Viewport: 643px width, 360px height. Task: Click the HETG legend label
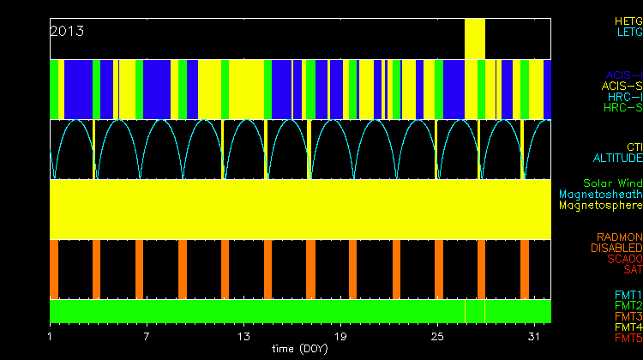pyautogui.click(x=628, y=20)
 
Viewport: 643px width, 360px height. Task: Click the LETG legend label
pyautogui.click(x=629, y=32)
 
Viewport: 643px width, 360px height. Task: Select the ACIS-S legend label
pyautogui.click(x=622, y=86)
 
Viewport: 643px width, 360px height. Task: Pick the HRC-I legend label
pyautogui.click(x=625, y=97)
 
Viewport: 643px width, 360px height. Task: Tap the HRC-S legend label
pyautogui.click(x=622, y=108)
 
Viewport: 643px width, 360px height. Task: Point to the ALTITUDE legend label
pyautogui.click(x=617, y=159)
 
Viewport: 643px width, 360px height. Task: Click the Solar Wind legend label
pyautogui.click(x=612, y=183)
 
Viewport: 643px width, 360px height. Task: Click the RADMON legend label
pyautogui.click(x=619, y=237)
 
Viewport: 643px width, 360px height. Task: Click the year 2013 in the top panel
pyautogui.click(x=67, y=31)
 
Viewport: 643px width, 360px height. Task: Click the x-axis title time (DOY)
pyautogui.click(x=297, y=349)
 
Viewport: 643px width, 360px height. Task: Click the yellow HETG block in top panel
pyautogui.click(x=475, y=39)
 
